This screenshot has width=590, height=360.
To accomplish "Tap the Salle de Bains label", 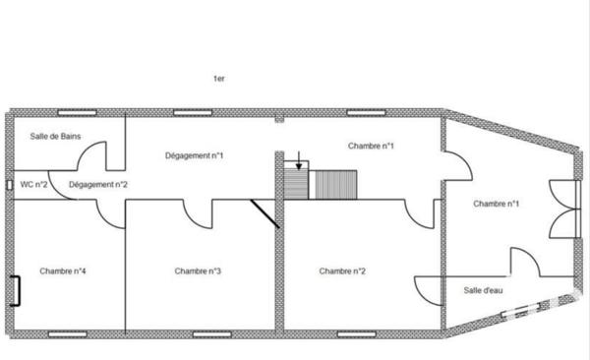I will tap(55, 137).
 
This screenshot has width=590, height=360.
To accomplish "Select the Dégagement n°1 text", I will tap(193, 155).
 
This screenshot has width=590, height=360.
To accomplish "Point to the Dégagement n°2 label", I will tap(98, 184).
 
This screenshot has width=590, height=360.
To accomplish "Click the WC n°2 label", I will tap(34, 184).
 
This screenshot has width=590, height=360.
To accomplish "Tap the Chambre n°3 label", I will tap(198, 270).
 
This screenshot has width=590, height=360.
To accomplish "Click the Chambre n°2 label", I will tap(342, 270).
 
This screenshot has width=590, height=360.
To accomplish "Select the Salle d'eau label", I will tap(484, 290).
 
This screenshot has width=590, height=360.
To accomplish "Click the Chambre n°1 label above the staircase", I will tap(371, 146).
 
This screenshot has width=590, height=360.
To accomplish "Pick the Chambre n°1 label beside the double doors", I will tap(496, 204).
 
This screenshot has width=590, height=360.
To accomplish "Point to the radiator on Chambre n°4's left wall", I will tap(16, 292).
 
